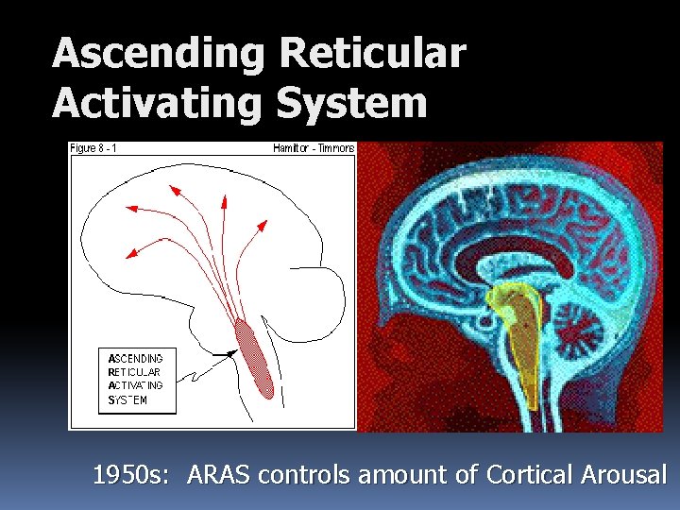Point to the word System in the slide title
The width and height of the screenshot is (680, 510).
(351, 102)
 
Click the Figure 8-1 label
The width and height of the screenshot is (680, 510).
(96, 147)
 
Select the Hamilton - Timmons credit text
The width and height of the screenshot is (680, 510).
(313, 147)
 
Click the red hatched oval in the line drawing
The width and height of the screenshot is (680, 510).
(254, 359)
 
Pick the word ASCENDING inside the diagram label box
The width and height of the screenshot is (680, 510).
(135, 359)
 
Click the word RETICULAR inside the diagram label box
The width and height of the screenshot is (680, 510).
(134, 372)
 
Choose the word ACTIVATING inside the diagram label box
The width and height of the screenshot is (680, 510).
(135, 385)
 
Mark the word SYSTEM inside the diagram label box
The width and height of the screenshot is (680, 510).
(127, 399)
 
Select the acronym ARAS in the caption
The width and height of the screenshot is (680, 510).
(219, 475)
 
